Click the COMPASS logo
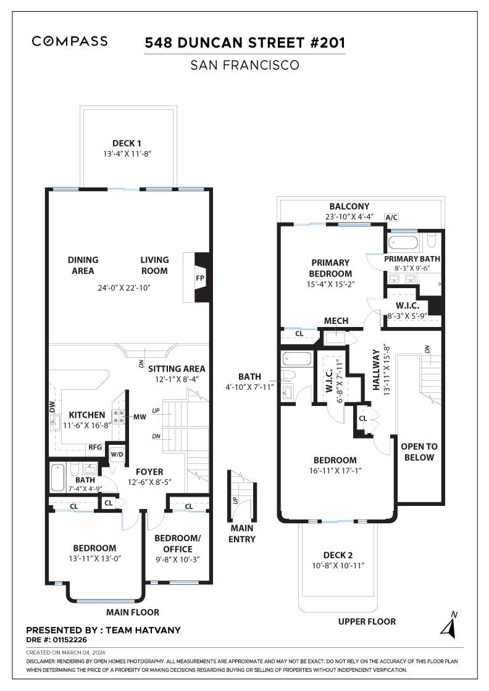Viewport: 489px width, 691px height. [x=70, y=41]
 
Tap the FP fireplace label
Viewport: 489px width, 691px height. [x=200, y=278]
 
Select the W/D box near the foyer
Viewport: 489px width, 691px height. [x=117, y=455]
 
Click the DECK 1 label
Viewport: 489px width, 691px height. [x=127, y=143]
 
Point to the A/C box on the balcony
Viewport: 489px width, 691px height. [x=391, y=217]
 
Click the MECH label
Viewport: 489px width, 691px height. [x=336, y=321]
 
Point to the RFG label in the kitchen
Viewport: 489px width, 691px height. [x=95, y=448]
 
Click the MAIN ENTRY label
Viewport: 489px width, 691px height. [x=243, y=534]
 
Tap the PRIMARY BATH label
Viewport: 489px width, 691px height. [x=412, y=259]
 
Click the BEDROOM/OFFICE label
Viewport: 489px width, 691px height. [x=177, y=544]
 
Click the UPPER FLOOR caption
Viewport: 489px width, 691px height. [x=367, y=621]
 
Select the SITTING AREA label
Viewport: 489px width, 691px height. [x=176, y=368]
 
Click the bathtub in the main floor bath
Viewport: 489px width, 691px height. [x=57, y=477]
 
